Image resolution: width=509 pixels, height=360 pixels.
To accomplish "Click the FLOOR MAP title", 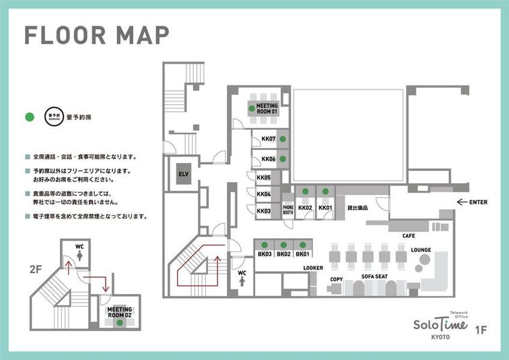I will [x=96, y=34].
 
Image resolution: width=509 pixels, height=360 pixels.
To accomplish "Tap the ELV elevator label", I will [x=183, y=174].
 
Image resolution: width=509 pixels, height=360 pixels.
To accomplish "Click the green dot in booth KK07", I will [x=283, y=139].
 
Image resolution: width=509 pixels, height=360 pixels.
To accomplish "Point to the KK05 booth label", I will [x=263, y=178].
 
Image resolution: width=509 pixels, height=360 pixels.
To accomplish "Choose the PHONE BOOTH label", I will [x=288, y=209].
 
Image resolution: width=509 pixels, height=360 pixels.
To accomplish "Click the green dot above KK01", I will [x=325, y=192].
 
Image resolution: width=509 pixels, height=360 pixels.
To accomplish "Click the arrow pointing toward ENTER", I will [x=462, y=201].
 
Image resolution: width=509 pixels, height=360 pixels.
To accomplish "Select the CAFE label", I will [x=409, y=236].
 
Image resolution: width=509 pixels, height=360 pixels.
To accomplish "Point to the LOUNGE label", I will [x=421, y=250].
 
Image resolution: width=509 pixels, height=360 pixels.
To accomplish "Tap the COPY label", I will [x=337, y=279].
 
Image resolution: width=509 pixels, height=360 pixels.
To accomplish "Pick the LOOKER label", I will [x=313, y=268].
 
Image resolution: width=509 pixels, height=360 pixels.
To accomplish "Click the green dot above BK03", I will [x=265, y=245].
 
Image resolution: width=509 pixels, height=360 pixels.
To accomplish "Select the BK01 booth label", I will [x=302, y=254].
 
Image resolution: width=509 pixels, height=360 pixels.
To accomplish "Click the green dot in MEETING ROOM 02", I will [x=119, y=323].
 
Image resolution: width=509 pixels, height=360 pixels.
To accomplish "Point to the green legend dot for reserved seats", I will [x=29, y=117].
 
